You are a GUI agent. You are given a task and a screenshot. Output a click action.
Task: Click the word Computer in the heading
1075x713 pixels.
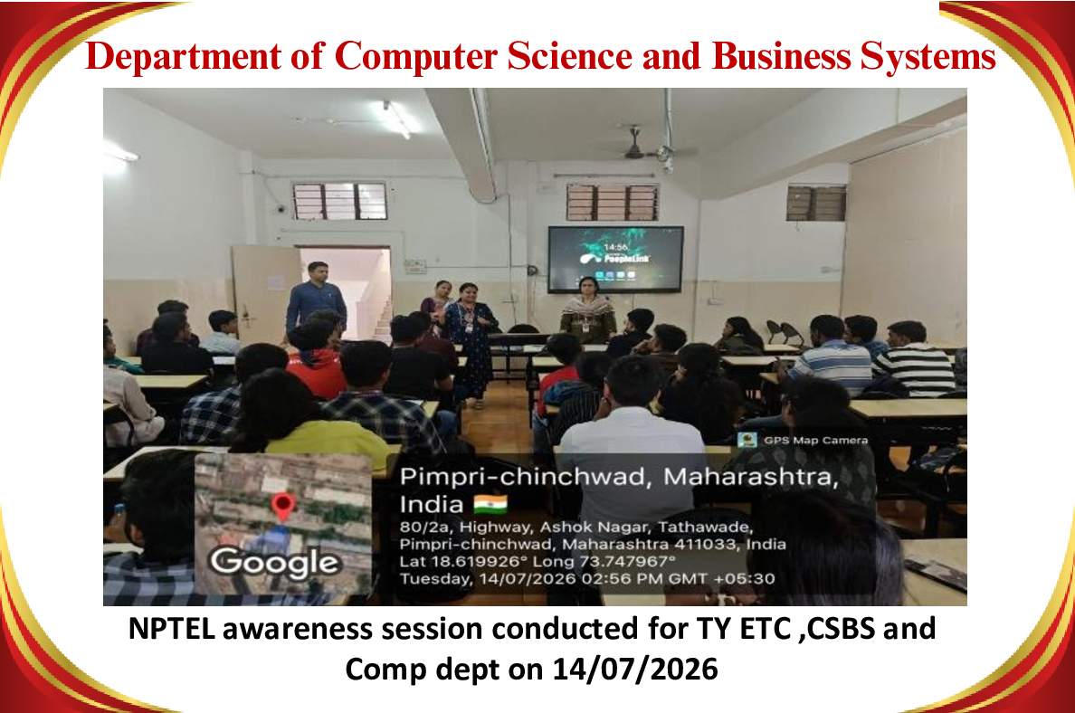pyautogui.click(x=415, y=56)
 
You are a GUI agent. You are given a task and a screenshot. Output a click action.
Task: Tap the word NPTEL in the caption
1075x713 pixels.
pyautogui.click(x=172, y=629)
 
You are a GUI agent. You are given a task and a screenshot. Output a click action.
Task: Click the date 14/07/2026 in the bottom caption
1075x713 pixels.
pyautogui.click(x=635, y=670)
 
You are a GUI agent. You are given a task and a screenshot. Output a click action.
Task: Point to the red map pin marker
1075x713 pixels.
pyautogui.click(x=283, y=506)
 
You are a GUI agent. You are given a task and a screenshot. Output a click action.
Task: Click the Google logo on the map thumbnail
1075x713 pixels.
pyautogui.click(x=274, y=562)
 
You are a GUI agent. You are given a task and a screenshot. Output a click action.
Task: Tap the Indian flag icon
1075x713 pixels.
pyautogui.click(x=490, y=505)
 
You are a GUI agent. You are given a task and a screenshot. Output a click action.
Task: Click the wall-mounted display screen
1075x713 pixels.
pyautogui.click(x=615, y=260)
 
